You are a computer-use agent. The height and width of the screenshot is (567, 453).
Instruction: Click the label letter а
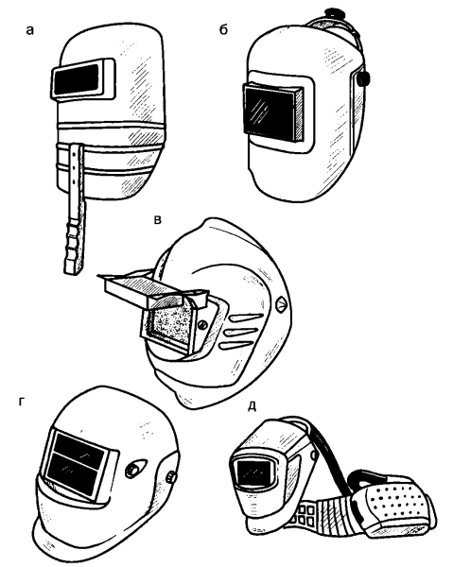pyautogui.click(x=30, y=31)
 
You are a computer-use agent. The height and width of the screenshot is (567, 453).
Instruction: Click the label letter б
pyautogui.click(x=223, y=29)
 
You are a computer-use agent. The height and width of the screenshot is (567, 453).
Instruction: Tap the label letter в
pyautogui.click(x=157, y=219)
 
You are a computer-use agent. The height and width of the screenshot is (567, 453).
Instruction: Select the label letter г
pyautogui.click(x=22, y=402)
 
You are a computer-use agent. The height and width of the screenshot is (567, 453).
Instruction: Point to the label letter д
pyautogui.click(x=253, y=406)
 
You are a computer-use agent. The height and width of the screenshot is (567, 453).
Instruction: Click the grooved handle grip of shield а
pyautogui.click(x=75, y=245)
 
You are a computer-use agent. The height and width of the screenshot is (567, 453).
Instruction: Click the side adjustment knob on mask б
pyautogui.click(x=363, y=79)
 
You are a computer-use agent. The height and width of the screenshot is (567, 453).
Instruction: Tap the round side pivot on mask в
pyautogui.click(x=281, y=303)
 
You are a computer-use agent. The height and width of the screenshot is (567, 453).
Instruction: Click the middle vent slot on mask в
pyautogui.click(x=243, y=332)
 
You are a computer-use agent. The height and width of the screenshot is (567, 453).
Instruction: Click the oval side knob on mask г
pyautogui.click(x=135, y=469)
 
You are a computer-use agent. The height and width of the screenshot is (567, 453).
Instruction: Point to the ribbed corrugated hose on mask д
pyautogui.click(x=335, y=515)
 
